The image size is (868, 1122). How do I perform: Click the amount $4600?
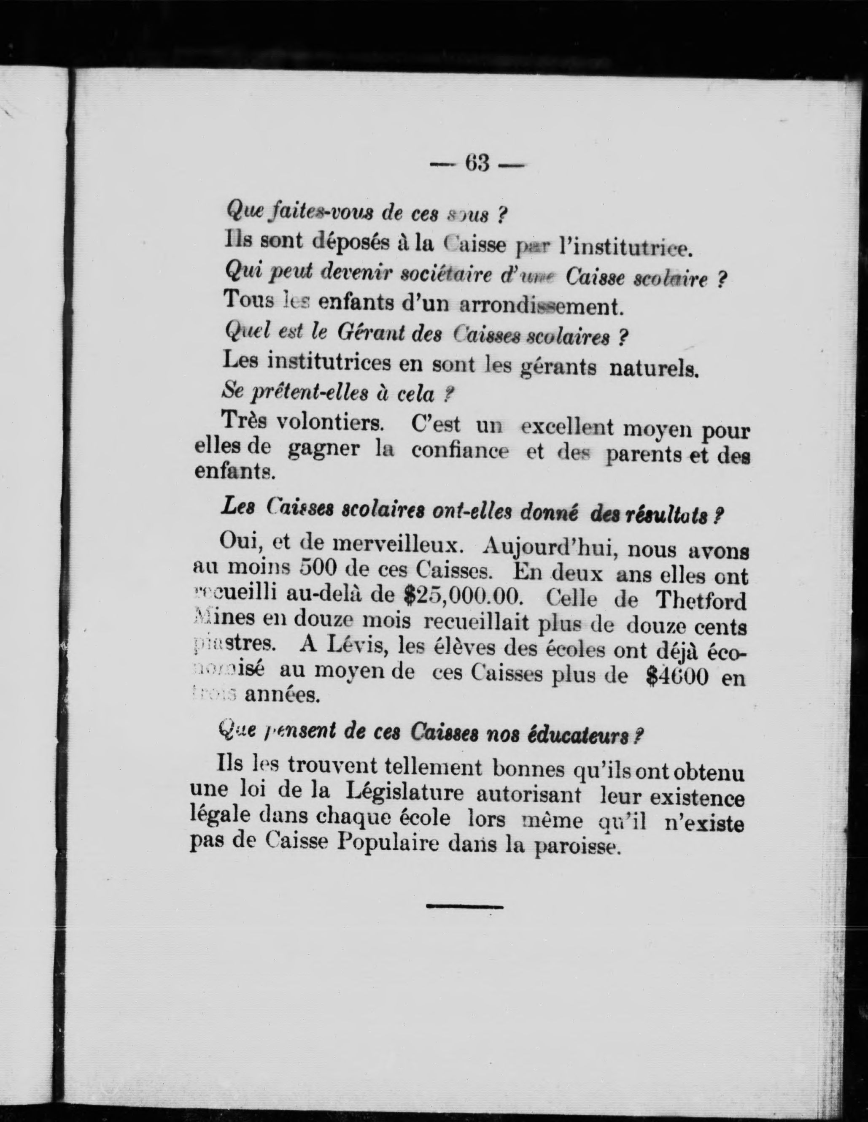pos(677,676)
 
